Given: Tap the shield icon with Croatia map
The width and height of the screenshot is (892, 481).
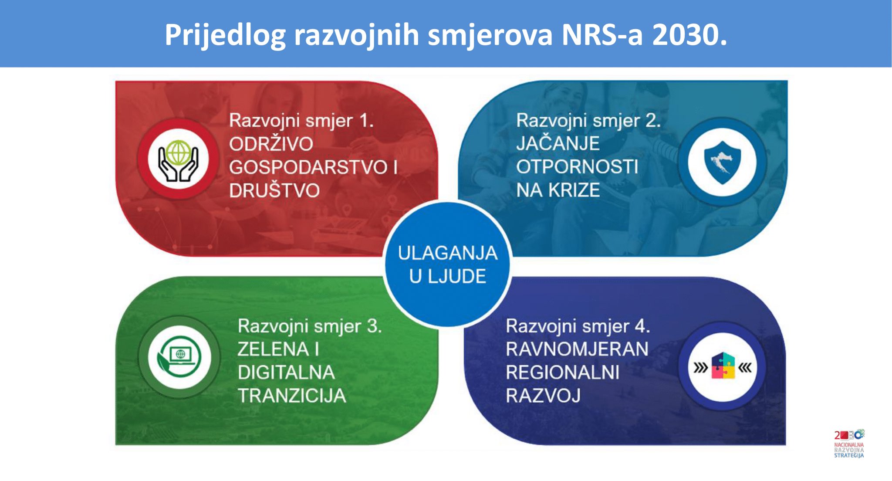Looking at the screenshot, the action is [x=722, y=162].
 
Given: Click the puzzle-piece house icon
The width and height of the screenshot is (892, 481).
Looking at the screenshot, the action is [x=723, y=366].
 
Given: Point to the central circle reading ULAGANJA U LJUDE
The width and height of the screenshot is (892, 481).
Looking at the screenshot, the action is [x=447, y=264].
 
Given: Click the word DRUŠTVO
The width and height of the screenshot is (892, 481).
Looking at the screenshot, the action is [x=274, y=190].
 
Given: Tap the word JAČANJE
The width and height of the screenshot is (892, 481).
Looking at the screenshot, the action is [x=558, y=143].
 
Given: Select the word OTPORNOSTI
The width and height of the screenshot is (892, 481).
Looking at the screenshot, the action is [x=577, y=167].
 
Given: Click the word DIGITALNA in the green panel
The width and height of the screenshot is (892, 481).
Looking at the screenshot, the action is [x=286, y=373].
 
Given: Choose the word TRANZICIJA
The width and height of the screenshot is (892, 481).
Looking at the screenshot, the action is [x=292, y=396].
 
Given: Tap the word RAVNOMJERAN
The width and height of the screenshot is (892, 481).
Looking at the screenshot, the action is [x=577, y=349].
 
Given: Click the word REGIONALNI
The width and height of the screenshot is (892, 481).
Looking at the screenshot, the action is [x=563, y=373].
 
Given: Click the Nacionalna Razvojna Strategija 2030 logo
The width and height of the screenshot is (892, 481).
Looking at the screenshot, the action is [x=849, y=444].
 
